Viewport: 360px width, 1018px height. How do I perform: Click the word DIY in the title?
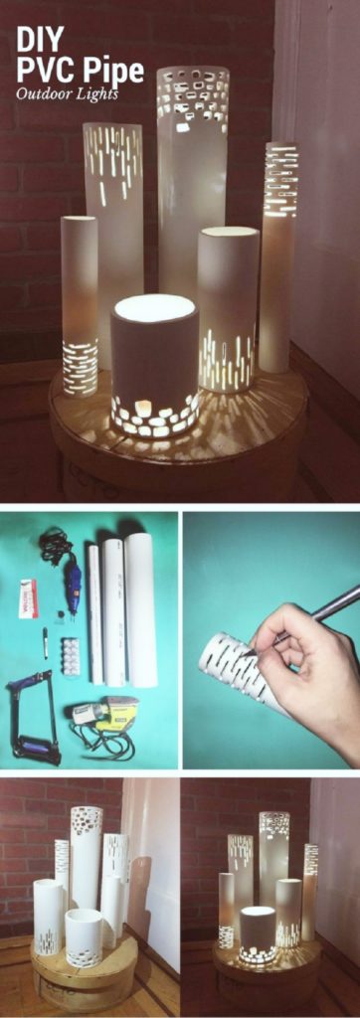[40, 39]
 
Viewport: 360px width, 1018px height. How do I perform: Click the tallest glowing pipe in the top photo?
[192, 179]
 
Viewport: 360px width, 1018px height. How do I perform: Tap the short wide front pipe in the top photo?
[154, 368]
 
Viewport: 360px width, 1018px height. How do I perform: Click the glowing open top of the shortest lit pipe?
[153, 307]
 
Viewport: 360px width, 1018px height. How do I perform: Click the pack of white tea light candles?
[71, 656]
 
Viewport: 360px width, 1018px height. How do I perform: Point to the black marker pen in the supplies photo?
[45, 643]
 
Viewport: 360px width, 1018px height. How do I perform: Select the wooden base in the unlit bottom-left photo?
[84, 979]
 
